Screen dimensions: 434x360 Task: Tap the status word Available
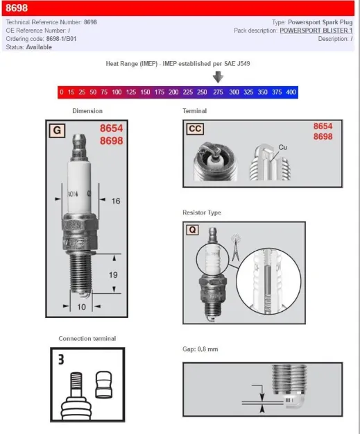click(40, 47)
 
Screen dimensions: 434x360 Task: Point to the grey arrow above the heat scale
click(218, 77)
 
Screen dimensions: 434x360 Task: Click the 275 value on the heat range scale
click(218, 92)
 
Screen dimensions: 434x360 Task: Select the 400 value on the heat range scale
click(291, 92)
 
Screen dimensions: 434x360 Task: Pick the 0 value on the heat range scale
click(61, 92)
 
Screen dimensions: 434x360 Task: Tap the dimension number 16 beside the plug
click(116, 201)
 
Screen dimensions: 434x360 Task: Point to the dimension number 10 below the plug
click(80, 306)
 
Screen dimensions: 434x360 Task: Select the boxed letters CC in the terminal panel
click(196, 128)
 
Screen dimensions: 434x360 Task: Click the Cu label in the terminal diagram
click(283, 147)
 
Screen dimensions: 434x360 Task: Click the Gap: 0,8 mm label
click(200, 349)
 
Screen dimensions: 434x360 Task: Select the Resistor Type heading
click(202, 212)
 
